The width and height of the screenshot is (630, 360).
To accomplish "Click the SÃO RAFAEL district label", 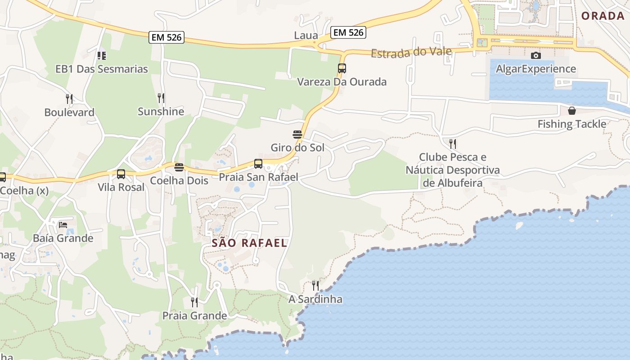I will [249, 243].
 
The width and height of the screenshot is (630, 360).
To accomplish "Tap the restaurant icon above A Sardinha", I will [315, 285].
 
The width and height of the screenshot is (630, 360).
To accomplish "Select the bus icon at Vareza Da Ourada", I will [342, 68].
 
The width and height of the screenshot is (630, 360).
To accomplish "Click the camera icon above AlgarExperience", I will [535, 55].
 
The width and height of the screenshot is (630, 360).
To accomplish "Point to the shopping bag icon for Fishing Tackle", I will [571, 110].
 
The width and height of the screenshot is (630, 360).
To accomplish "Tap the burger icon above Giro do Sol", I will [297, 134].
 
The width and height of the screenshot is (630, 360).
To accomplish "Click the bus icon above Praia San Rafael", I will [258, 164].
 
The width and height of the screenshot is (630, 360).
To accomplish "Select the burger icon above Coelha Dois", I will [179, 167].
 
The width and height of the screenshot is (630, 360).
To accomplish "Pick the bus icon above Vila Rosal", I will [121, 174].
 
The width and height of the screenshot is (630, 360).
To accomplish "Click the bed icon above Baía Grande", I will [63, 225].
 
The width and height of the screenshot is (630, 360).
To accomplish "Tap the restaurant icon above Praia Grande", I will [194, 302].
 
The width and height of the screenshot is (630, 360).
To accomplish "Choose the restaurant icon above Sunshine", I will [161, 98].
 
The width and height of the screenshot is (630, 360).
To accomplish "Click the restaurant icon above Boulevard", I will [69, 99].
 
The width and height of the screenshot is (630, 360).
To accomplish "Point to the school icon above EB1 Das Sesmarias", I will [102, 55].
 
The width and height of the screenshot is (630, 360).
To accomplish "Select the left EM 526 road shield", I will [166, 37].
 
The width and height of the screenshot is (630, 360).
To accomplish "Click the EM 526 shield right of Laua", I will [348, 32].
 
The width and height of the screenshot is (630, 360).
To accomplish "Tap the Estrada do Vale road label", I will [411, 52].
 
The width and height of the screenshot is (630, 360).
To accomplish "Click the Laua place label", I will [306, 36].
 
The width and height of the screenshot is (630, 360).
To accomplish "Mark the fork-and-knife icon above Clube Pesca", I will [453, 144].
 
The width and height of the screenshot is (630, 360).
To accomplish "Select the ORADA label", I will [603, 16].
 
